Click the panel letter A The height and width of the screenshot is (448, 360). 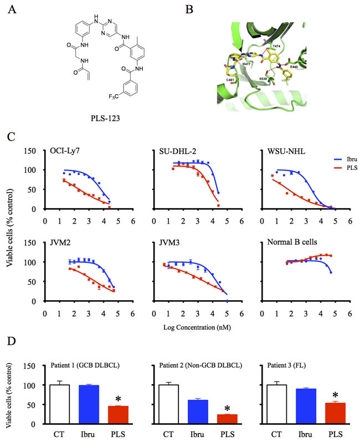(x=10, y=11)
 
